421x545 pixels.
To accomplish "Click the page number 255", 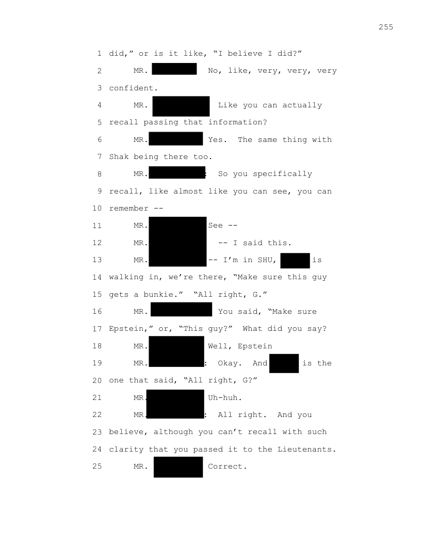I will (385, 27).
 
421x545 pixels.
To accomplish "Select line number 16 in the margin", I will (98, 312).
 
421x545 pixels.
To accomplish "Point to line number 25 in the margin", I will (98, 467).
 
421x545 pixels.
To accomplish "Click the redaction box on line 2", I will (174, 69).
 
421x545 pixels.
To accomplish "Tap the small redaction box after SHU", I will (295, 261).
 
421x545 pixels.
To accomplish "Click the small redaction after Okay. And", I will (284, 363).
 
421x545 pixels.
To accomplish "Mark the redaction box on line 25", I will (179, 467).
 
